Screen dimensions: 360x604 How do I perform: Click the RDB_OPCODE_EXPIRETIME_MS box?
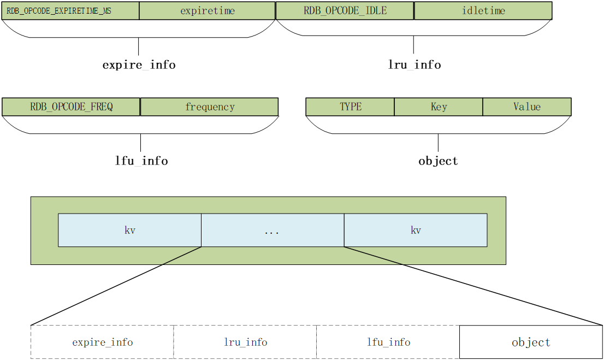click(x=70, y=11)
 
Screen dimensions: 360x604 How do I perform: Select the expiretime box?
click(x=207, y=11)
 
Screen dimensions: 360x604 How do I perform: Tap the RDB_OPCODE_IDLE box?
click(x=345, y=11)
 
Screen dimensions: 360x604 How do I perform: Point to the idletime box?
click(x=483, y=11)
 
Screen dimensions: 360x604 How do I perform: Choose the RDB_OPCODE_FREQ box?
click(x=71, y=107)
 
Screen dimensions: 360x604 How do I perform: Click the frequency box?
click(x=209, y=107)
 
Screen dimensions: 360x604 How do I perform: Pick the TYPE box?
click(x=350, y=107)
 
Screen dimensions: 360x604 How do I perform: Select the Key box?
click(x=439, y=107)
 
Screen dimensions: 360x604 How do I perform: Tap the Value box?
click(x=526, y=107)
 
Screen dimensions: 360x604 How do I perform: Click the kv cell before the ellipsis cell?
click(x=129, y=230)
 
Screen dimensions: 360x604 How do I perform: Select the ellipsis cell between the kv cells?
click(x=273, y=230)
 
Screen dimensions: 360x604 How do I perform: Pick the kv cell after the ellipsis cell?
click(x=416, y=230)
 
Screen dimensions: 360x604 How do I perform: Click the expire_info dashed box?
click(x=102, y=343)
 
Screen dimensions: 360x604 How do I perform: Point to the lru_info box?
click(x=245, y=343)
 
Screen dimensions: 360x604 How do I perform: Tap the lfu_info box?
click(x=388, y=343)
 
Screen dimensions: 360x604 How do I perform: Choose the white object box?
click(x=531, y=343)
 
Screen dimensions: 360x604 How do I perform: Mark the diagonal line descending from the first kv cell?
click(x=182, y=256)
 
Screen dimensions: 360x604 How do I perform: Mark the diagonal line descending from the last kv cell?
click(x=374, y=256)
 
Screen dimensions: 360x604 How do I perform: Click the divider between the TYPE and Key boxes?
click(x=394, y=107)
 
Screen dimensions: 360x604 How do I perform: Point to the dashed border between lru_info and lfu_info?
click(x=317, y=343)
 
